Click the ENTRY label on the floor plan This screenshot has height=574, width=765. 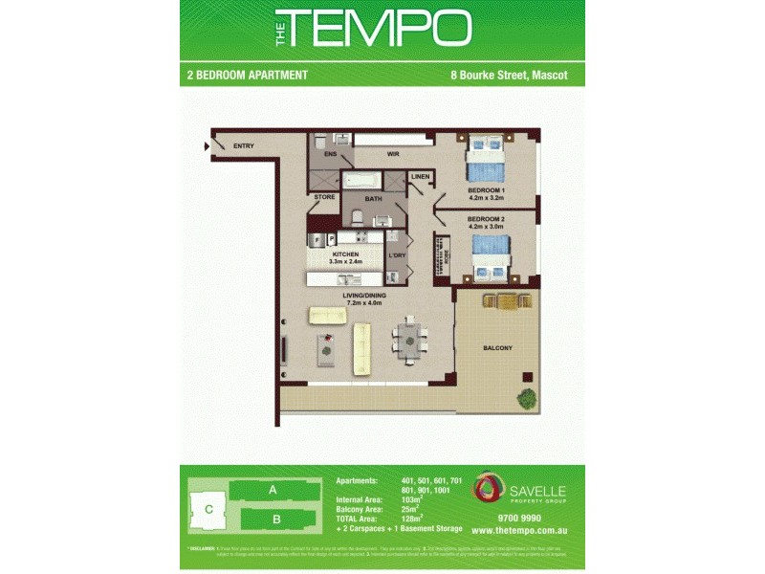coord(244,145)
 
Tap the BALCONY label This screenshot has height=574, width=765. coord(498,348)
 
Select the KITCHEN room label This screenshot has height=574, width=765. coord(345,254)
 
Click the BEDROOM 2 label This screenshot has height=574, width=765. coord(486,219)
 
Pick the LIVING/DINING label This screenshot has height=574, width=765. coord(365,297)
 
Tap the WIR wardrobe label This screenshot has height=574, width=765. coord(392,153)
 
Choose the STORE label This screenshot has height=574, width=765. coord(325,197)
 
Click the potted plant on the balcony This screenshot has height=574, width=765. coord(525,396)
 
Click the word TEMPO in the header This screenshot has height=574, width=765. coord(380,30)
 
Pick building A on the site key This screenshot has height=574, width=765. coord(273,490)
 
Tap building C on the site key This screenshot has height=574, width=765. coord(208,509)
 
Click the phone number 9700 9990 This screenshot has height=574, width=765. coord(508,516)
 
